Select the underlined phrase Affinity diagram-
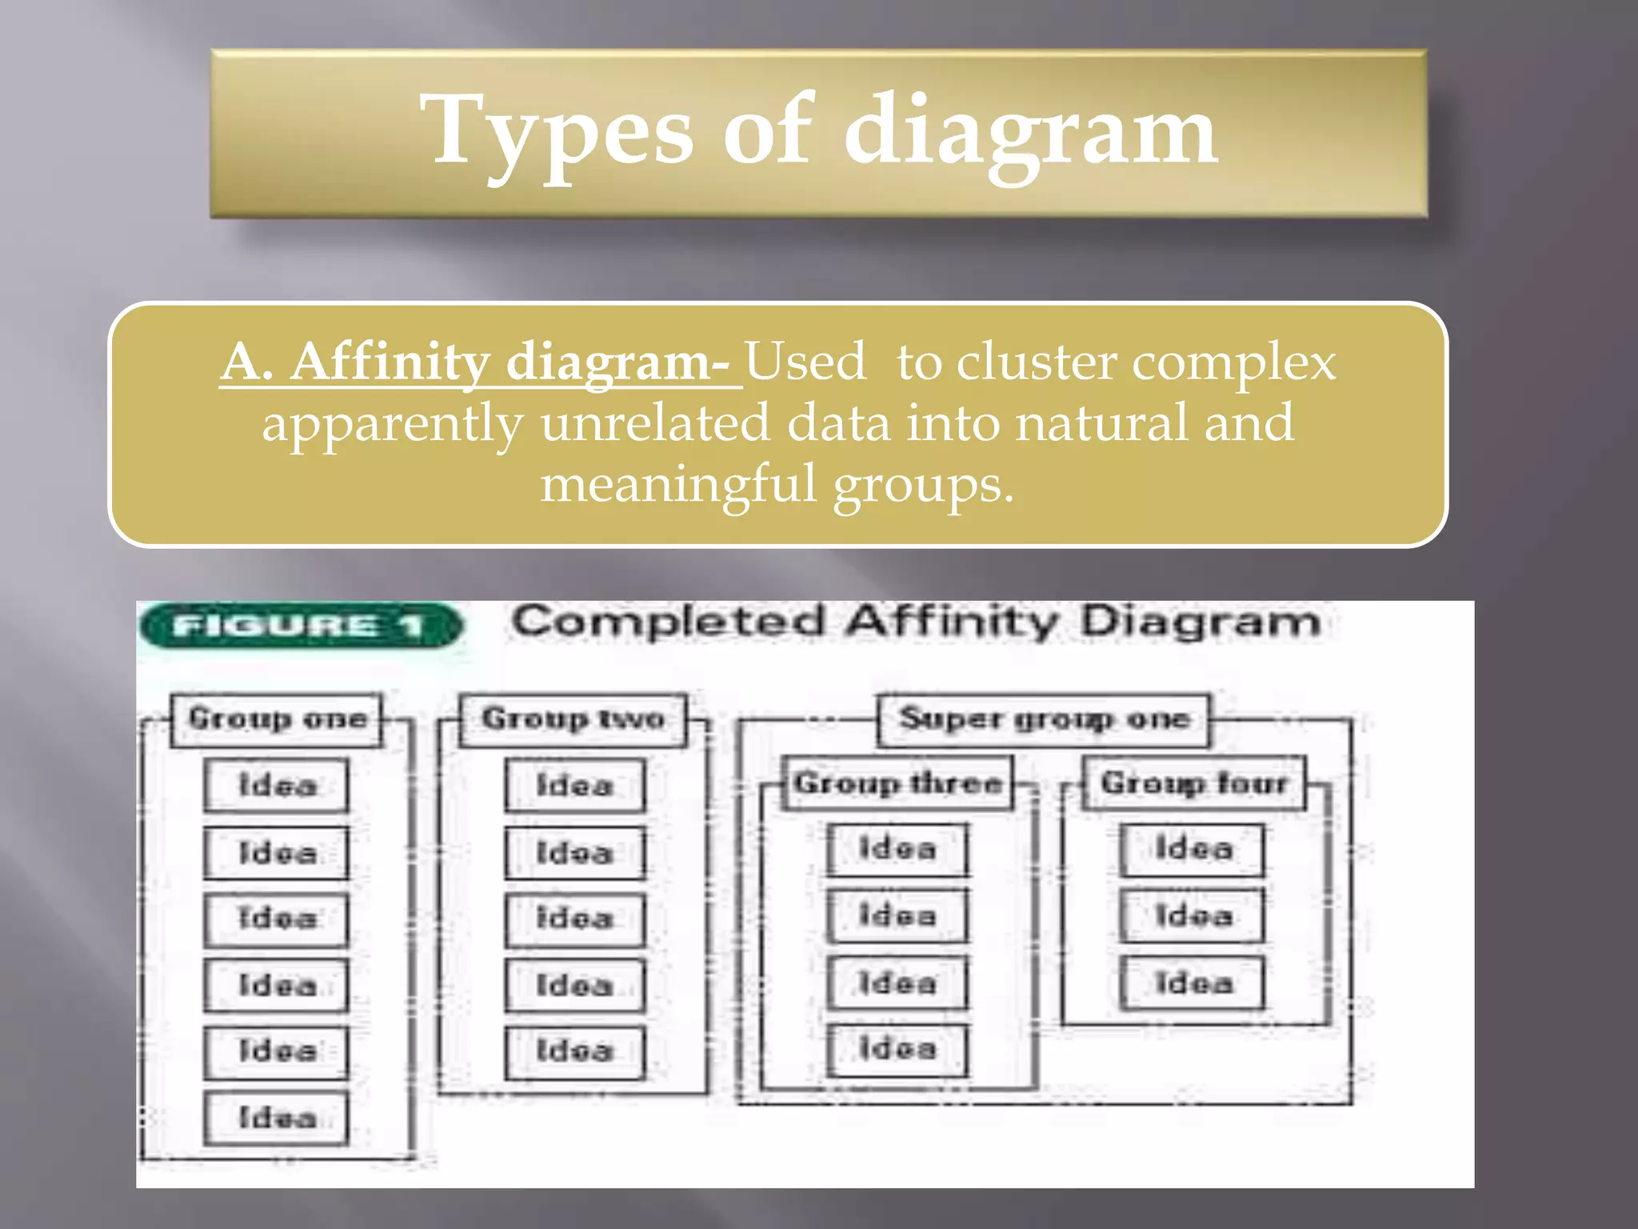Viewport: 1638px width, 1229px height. [480, 362]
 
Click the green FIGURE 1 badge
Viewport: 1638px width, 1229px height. [300, 625]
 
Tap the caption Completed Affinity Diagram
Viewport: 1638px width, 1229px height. [916, 622]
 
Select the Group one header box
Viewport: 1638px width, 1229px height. [277, 719]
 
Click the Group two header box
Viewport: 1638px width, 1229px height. [573, 719]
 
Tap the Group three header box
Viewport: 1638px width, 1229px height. [897, 783]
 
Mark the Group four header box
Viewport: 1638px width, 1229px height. [1193, 783]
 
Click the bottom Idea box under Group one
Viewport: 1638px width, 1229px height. [277, 1118]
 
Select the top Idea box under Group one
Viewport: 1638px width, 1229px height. [277, 785]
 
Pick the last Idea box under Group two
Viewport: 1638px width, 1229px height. [574, 1051]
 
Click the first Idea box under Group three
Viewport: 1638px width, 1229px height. [897, 849]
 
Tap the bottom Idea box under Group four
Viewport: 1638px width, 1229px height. [1193, 983]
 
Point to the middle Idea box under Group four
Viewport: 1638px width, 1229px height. [1193, 915]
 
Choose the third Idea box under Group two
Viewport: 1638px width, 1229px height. [574, 919]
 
